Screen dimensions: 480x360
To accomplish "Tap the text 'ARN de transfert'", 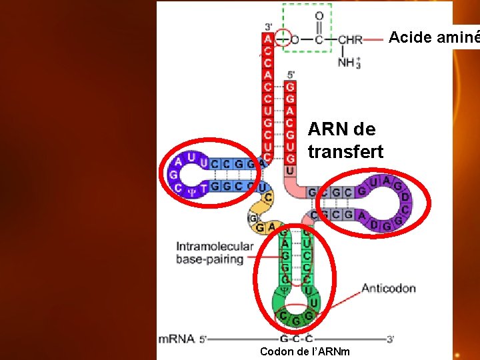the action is click(x=345, y=140).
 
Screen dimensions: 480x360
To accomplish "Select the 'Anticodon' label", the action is click(x=388, y=289).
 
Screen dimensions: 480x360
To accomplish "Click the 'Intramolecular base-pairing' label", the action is click(x=215, y=253).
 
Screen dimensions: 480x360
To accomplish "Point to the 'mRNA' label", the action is click(x=176, y=339).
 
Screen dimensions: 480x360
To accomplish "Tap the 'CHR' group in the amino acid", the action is click(x=350, y=39).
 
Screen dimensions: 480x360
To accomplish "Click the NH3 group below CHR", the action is click(x=349, y=62).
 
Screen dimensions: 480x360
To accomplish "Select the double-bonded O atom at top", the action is click(x=319, y=15).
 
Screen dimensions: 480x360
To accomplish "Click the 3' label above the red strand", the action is click(x=268, y=27).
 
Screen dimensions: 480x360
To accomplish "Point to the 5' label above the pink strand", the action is click(x=291, y=75).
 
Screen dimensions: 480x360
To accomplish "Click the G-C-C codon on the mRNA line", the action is click(x=297, y=339).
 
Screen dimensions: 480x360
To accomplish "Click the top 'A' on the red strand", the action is click(x=268, y=39).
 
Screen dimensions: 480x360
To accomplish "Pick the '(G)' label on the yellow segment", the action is click(x=253, y=218).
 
